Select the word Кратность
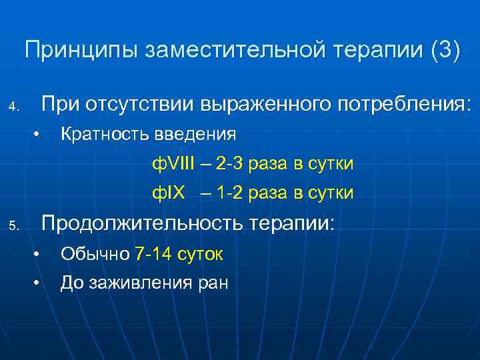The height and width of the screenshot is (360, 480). pyautogui.click(x=103, y=135)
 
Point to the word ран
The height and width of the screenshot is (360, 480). pyautogui.click(x=213, y=284)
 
